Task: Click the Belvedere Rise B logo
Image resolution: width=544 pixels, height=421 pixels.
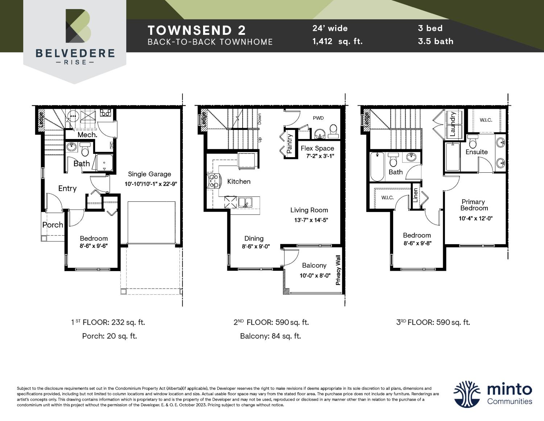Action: (78, 26)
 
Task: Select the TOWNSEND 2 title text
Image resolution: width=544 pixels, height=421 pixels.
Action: (197, 30)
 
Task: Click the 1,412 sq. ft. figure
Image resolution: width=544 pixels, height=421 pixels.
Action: (337, 41)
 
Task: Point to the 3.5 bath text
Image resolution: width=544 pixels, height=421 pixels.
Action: (435, 41)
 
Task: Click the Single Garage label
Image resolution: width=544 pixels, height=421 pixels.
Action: (149, 174)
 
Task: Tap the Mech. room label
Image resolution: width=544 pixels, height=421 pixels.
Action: (87, 135)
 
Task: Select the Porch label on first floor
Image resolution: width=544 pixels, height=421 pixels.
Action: (53, 225)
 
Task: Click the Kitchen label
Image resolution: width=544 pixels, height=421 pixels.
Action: (239, 181)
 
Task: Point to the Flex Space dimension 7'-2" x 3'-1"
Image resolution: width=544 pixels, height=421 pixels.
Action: (320, 156)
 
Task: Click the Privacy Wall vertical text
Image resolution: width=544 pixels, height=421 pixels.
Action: (338, 270)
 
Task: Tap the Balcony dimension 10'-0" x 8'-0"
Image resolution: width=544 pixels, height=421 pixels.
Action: (315, 276)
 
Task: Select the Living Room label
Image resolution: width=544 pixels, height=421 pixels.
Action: (309, 210)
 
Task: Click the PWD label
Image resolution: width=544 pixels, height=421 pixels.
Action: (318, 118)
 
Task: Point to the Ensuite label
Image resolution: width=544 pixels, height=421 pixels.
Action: (477, 152)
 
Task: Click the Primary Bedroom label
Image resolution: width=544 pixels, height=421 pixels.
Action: (474, 205)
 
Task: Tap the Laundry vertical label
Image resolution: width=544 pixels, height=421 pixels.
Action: (452, 124)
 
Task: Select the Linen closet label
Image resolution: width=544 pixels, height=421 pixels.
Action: (415, 195)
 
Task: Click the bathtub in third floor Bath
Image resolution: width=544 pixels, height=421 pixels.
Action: (377, 167)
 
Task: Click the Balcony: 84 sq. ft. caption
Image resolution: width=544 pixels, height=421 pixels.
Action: (271, 336)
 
